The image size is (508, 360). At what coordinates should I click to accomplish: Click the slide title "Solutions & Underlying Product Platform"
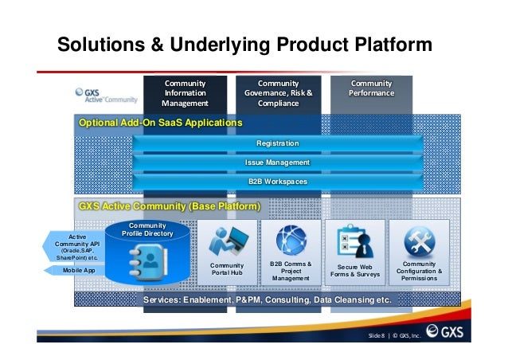coord(244,46)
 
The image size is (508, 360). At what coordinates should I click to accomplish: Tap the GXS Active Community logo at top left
coord(105,96)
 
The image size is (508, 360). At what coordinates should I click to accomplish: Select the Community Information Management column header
coord(185,93)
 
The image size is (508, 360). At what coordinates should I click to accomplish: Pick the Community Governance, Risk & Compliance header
coord(278,93)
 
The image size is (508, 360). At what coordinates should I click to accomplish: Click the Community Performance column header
coord(371,88)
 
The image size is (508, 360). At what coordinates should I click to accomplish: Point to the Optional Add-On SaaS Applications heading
coord(160,123)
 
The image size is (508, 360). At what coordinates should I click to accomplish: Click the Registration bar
coord(277,143)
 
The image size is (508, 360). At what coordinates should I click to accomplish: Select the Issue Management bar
coord(277,162)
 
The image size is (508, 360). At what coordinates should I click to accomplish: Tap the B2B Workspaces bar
coord(277,182)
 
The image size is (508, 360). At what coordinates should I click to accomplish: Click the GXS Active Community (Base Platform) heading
coord(170,206)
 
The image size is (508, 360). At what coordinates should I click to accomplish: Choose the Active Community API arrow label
coord(76,247)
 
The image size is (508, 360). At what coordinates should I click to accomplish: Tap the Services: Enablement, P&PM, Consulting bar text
coord(268,300)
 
